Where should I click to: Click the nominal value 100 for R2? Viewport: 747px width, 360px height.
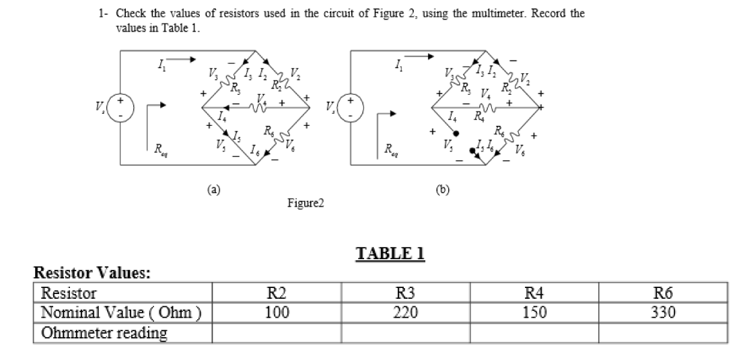tap(277, 313)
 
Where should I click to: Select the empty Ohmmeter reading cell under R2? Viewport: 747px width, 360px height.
tap(277, 332)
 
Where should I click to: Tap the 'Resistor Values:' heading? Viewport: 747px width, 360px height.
tap(92, 273)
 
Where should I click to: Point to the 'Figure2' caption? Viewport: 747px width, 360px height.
tap(306, 203)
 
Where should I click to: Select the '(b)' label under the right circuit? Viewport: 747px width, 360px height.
tap(443, 190)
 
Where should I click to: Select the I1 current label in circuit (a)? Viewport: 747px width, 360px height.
tap(160, 65)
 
